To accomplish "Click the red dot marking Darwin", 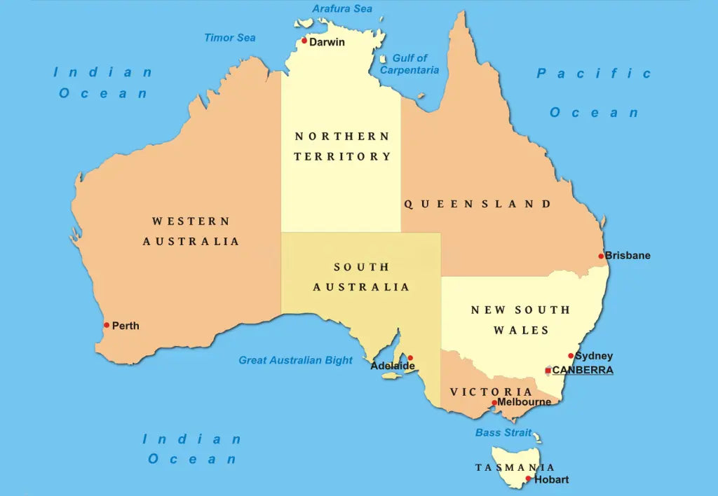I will tap(304, 41).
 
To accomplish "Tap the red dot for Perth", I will tap(107, 325).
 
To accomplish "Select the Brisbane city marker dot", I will tap(601, 256).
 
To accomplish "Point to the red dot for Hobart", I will tap(529, 480).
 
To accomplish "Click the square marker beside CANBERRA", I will tap(548, 371).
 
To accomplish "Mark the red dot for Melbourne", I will tap(494, 403).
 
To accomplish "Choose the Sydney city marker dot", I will tap(571, 356).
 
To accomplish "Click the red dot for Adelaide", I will tap(410, 358).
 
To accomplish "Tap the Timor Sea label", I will tap(230, 38).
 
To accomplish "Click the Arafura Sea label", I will tap(342, 9).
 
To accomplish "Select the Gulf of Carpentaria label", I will tap(409, 64).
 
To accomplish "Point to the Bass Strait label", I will tap(503, 433).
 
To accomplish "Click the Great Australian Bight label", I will tap(295, 360).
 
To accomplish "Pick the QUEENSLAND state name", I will tap(477, 204).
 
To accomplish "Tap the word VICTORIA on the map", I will tap(491, 392).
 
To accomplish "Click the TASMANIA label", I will tap(515, 467).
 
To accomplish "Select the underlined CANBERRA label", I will tap(583, 371).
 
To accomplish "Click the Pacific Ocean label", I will tap(594, 92).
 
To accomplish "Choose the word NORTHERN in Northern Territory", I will tap(341, 136).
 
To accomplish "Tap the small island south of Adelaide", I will tap(390, 376).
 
